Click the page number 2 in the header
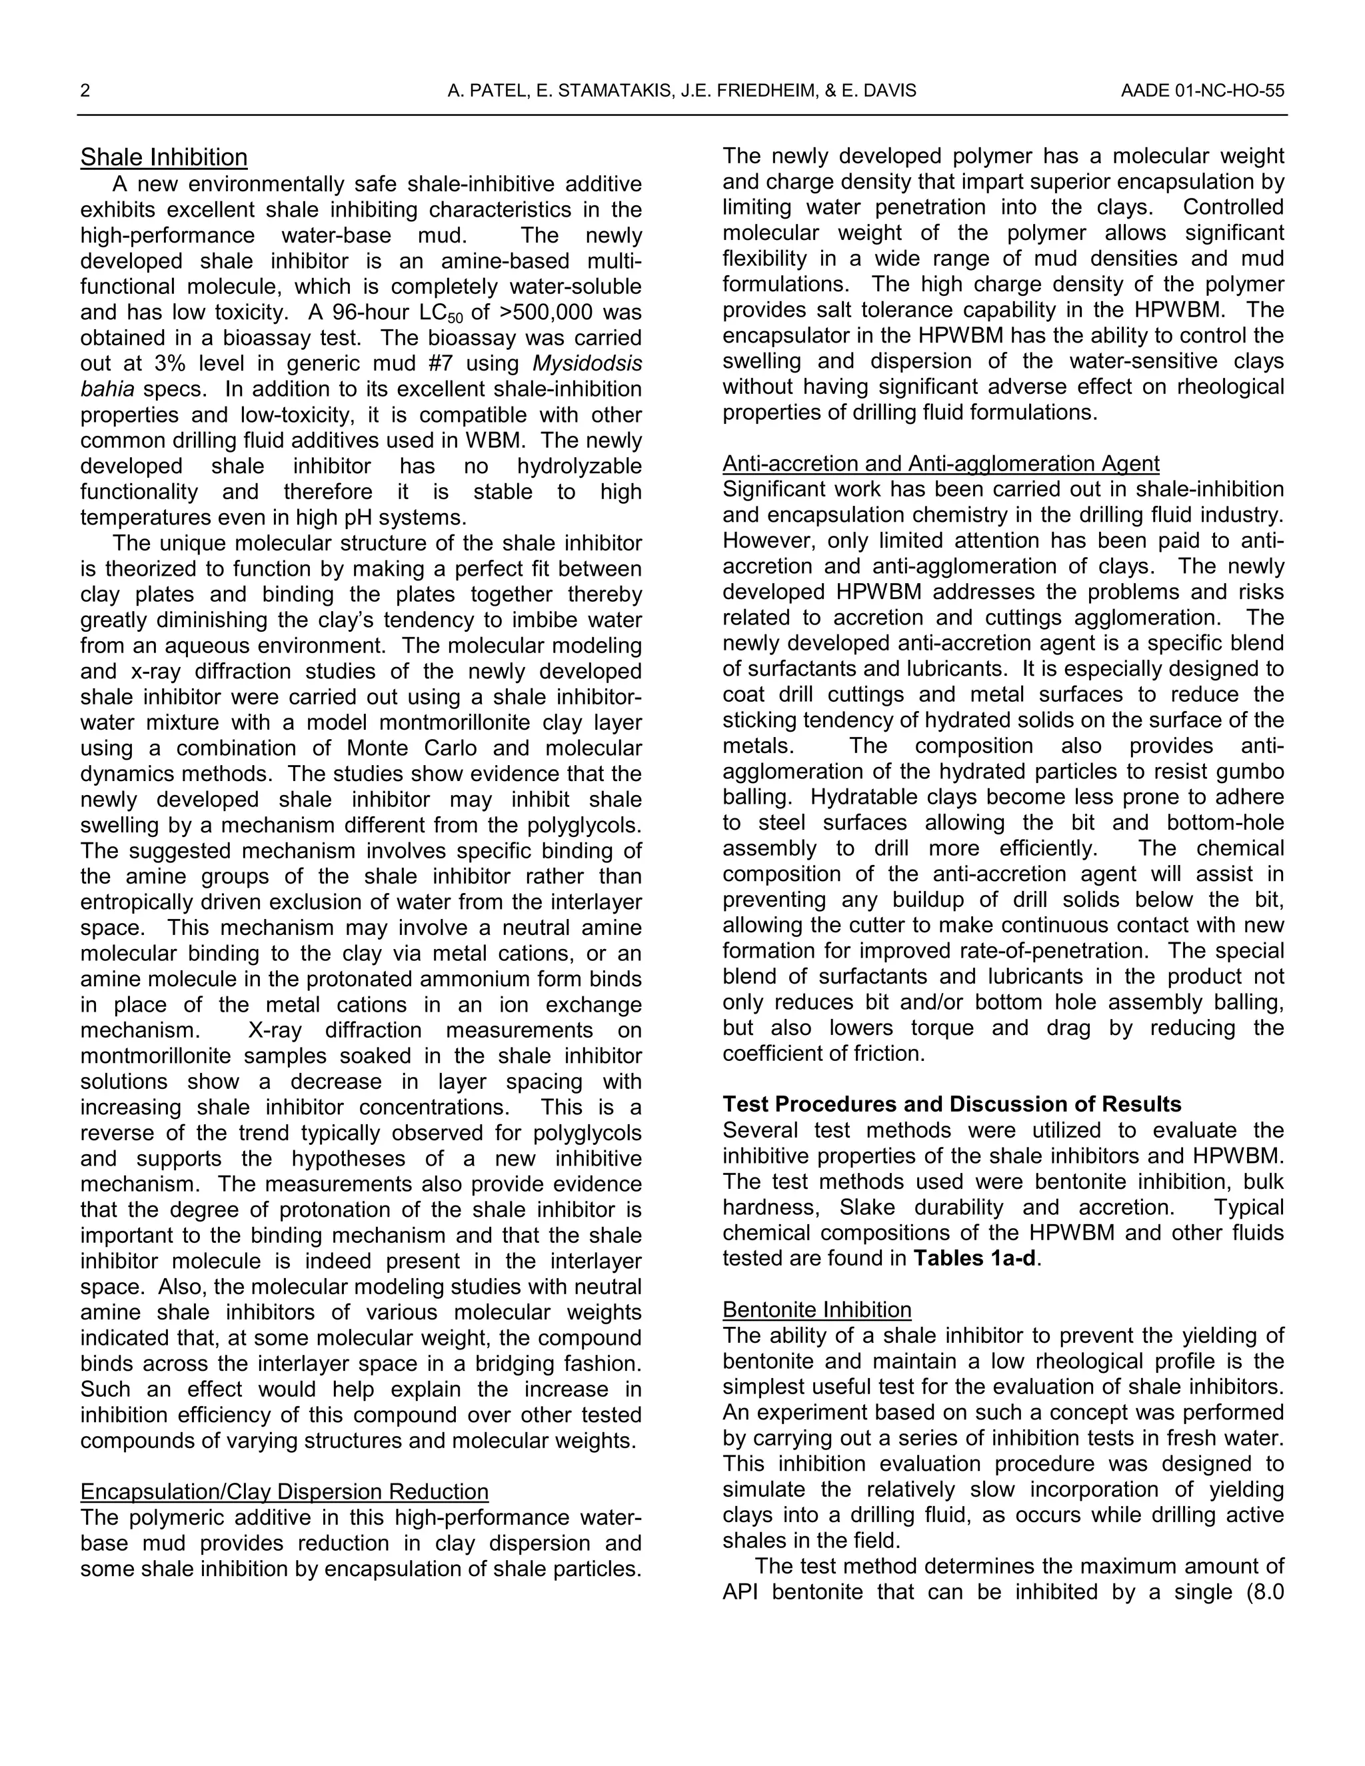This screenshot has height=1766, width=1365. [85, 91]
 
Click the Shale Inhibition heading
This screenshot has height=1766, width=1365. [163, 158]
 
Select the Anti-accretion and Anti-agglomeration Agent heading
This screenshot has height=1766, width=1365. [940, 463]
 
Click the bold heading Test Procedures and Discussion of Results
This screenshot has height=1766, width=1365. [952, 1104]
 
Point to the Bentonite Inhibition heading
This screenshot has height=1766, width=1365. [816, 1310]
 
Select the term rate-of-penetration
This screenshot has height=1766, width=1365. [1066, 951]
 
